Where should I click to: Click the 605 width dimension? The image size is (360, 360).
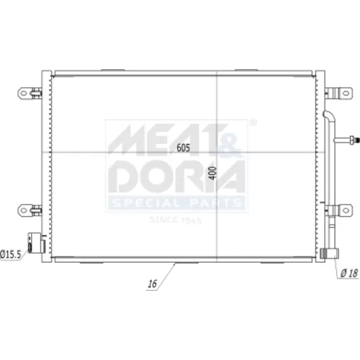[184, 148]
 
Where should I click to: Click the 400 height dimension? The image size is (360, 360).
[212, 173]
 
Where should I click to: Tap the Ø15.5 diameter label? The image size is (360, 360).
[11, 254]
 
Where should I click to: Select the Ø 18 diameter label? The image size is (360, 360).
[349, 273]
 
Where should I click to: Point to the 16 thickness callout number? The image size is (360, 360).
[153, 284]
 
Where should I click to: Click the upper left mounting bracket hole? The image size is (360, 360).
[24, 93]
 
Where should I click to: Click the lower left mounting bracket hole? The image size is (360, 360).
[24, 210]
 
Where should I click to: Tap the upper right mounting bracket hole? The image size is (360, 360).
[346, 93]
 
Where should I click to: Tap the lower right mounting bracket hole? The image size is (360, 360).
[346, 210]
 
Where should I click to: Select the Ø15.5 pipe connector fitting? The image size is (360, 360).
[36, 243]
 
